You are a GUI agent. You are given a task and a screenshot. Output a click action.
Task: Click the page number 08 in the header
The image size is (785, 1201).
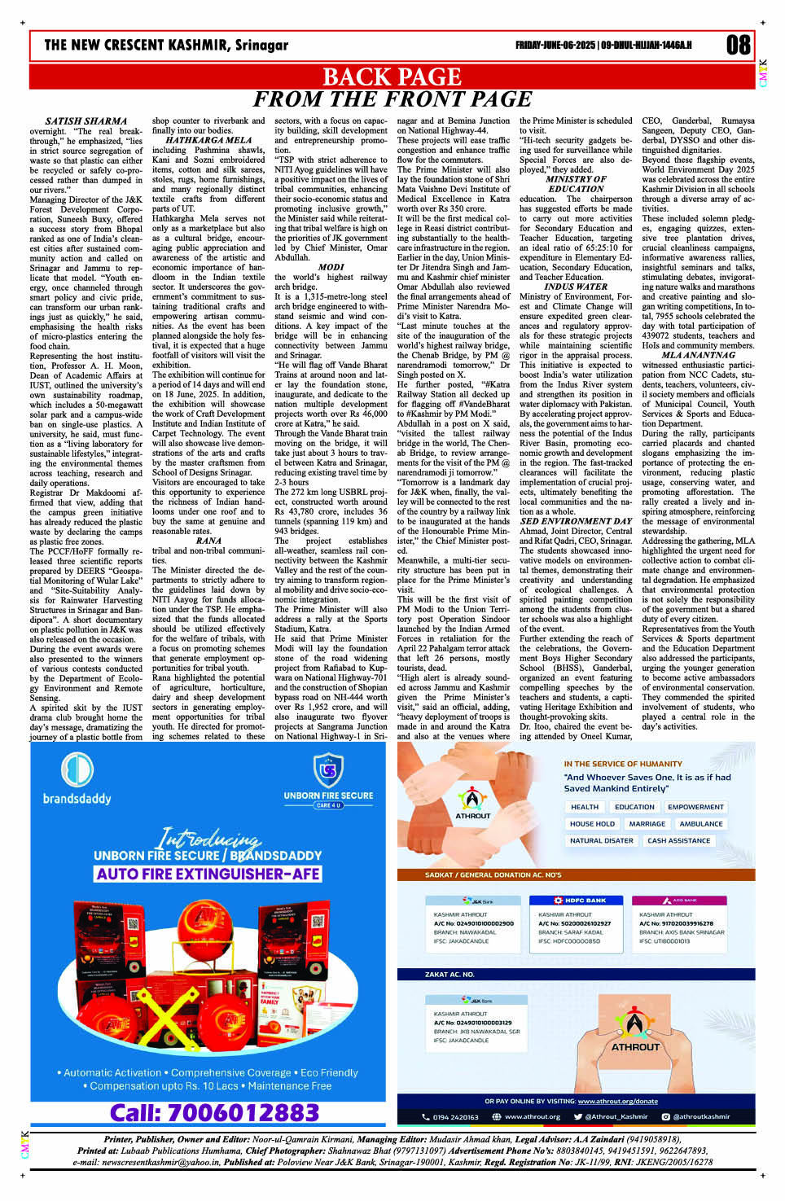(x=738, y=44)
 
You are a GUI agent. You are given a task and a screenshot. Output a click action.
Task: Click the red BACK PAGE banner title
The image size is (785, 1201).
(x=392, y=77)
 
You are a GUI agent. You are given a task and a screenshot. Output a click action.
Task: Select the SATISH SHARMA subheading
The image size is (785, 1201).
(x=86, y=121)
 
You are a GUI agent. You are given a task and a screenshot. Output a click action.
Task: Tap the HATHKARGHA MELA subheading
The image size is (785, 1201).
(x=208, y=140)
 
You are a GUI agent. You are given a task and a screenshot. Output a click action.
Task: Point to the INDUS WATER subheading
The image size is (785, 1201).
(x=576, y=287)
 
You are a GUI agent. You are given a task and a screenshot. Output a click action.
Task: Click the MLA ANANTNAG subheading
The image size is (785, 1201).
(x=698, y=355)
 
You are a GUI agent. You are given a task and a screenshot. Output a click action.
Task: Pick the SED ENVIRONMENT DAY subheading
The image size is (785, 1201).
(x=576, y=521)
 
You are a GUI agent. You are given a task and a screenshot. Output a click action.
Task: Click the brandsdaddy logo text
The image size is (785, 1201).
(x=77, y=799)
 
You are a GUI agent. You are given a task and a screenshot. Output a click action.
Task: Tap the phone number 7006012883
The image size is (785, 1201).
(x=214, y=1112)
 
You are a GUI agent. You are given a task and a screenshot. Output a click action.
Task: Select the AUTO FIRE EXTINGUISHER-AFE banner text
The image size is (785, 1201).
(x=208, y=874)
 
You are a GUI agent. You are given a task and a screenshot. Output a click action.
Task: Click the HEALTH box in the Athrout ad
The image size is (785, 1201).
(x=584, y=807)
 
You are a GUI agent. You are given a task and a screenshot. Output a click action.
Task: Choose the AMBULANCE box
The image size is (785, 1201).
(x=700, y=824)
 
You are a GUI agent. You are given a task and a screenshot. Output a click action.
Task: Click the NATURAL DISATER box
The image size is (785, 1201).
(x=601, y=840)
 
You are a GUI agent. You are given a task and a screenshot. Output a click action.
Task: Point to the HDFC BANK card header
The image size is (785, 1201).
(x=580, y=900)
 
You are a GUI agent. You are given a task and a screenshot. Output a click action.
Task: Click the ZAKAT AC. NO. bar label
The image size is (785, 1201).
(x=450, y=974)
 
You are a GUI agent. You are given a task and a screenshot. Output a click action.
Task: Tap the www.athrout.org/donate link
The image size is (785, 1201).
(x=617, y=1101)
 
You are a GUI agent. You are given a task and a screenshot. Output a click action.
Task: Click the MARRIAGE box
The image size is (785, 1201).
(x=647, y=824)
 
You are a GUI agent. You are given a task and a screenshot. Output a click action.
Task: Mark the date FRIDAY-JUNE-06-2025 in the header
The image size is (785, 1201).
(x=555, y=45)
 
